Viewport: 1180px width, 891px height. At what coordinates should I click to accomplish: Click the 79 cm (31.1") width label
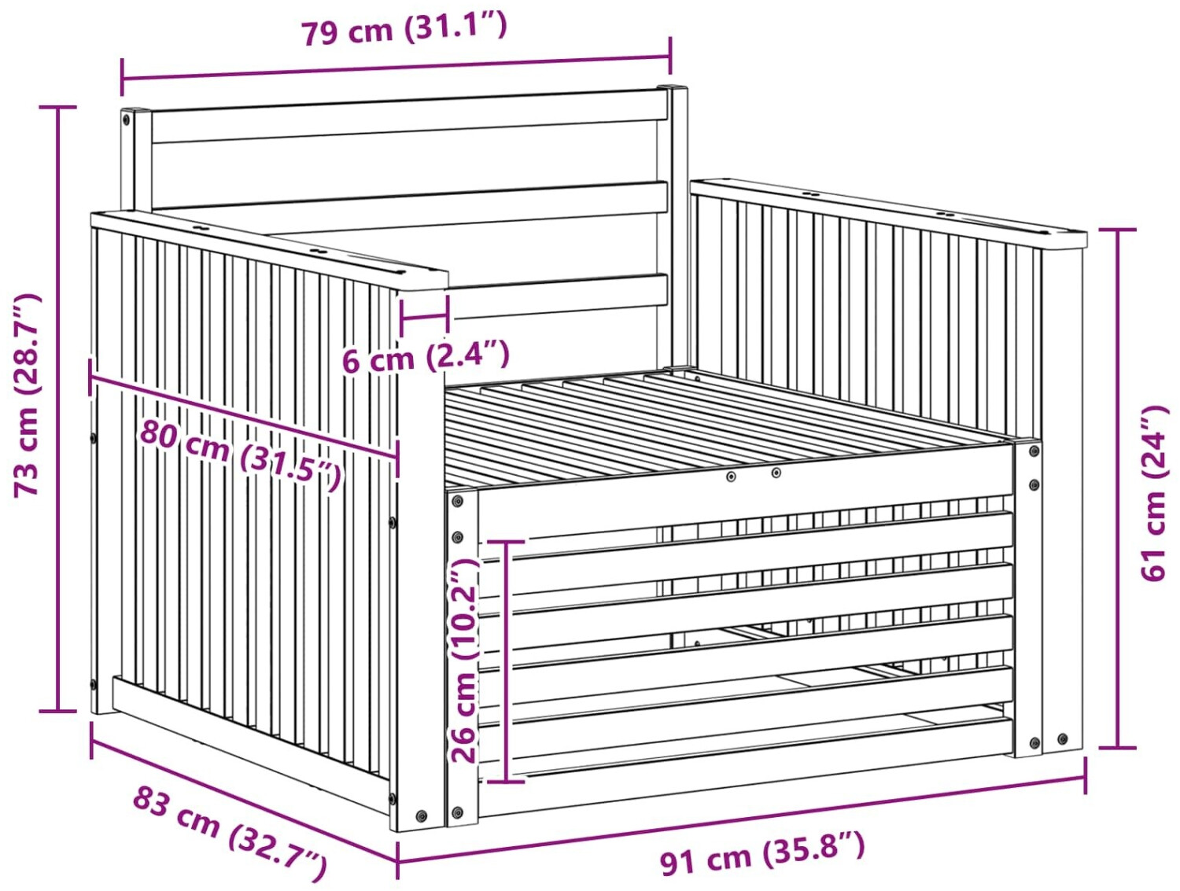pos(404,30)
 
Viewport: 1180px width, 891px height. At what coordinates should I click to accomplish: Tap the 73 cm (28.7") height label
pos(27,395)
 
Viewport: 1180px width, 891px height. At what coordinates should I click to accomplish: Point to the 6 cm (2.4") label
pos(426,355)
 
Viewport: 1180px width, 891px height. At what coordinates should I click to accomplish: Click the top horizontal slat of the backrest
pos(410,116)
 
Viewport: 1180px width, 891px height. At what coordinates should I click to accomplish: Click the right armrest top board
pos(888,214)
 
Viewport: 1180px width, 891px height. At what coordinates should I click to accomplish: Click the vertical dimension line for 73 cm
pos(58,409)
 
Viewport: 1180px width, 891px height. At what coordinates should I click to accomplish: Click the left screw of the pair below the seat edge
pos(731,477)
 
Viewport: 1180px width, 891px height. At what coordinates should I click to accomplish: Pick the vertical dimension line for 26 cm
pos(507,661)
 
